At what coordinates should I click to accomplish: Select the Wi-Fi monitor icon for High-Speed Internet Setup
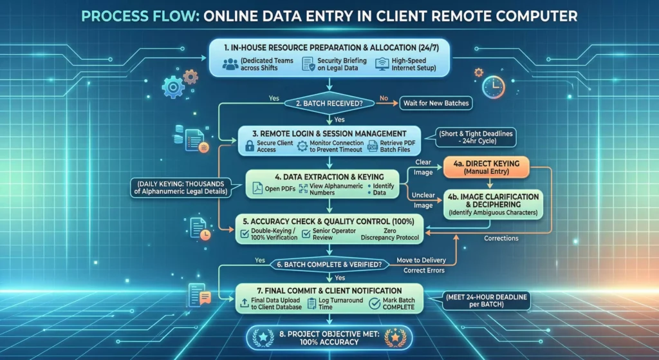click(382, 63)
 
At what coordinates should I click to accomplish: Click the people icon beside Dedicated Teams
click(230, 64)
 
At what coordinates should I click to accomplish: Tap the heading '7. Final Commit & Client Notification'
click(329, 289)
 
